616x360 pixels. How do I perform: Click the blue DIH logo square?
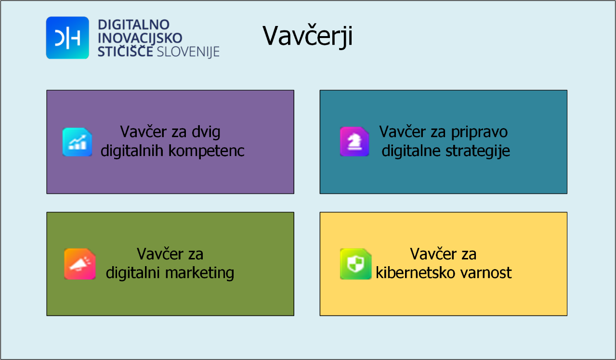coord(67,38)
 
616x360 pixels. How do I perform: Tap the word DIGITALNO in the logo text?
coord(133,25)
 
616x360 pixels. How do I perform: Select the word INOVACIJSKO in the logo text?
coord(140,38)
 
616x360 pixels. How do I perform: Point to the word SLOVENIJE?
coord(188,52)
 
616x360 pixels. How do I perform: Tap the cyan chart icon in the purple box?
coord(77,142)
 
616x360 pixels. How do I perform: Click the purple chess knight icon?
coord(354,141)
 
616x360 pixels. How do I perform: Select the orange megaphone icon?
coord(80,264)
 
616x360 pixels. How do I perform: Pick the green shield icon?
coord(355,264)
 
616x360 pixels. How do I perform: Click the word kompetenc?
coord(206,151)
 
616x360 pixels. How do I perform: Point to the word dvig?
coord(206,132)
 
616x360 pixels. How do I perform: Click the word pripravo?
coord(479,132)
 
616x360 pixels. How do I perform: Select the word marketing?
coord(200,273)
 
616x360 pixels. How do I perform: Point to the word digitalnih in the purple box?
coord(132,151)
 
